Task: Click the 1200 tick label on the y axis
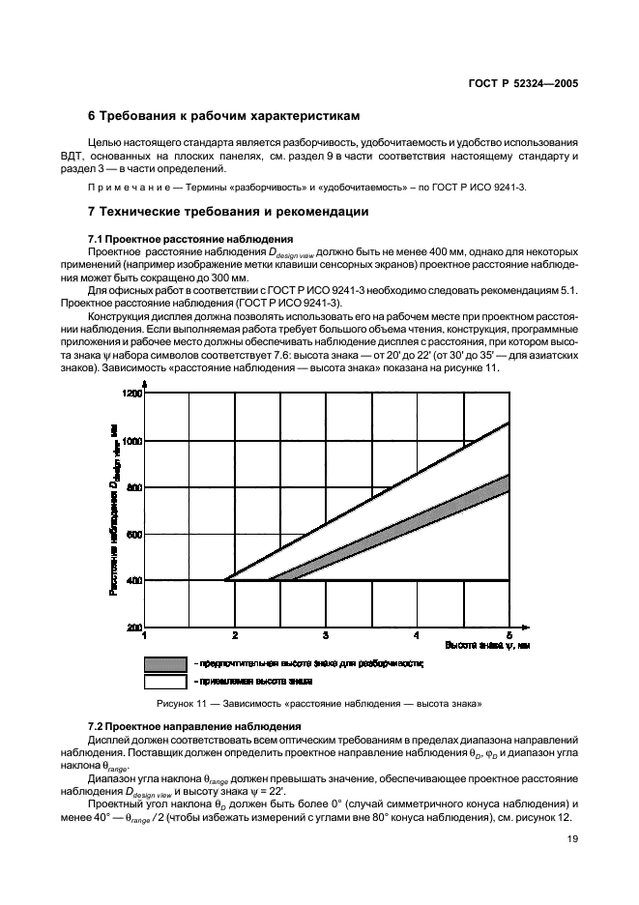131,394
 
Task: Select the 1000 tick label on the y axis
131,441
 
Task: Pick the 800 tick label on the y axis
133,488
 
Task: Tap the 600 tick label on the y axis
133,535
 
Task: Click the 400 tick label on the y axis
133,581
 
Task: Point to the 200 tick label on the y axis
133,628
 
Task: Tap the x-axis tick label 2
235,636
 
